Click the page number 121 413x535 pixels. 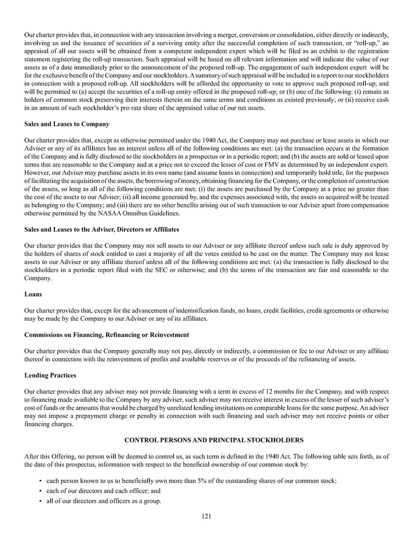207,516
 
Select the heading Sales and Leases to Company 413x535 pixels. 67,124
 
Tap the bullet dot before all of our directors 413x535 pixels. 40,500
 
